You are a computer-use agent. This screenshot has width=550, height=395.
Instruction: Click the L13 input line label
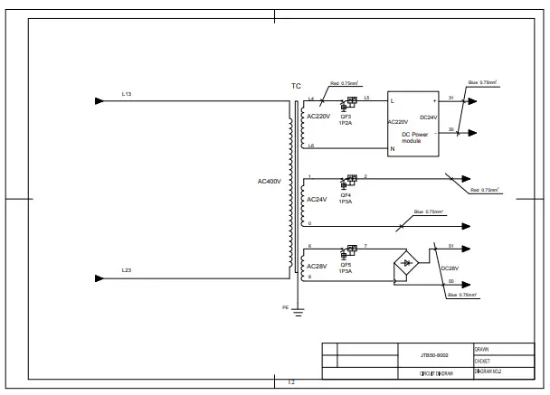pyautogui.click(x=126, y=94)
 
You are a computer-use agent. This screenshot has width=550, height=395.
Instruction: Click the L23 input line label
pyautogui.click(x=126, y=271)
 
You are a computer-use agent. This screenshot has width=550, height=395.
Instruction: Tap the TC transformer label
pyautogui.click(x=296, y=87)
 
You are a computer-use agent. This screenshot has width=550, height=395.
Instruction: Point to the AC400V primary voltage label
pyautogui.click(x=270, y=182)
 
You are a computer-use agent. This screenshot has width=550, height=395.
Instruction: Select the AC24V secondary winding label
pyautogui.click(x=317, y=199)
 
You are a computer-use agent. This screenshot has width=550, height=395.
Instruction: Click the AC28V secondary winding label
pyautogui.click(x=317, y=267)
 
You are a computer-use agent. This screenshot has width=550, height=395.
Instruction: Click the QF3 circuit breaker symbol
pyautogui.click(x=346, y=105)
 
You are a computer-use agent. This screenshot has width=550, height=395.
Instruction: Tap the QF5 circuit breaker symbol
pyautogui.click(x=346, y=250)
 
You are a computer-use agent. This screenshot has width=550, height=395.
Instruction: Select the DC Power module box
pyautogui.click(x=412, y=125)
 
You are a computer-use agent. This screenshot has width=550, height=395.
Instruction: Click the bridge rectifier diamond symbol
pyautogui.click(x=406, y=263)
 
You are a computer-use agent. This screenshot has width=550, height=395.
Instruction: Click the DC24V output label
pyautogui.click(x=429, y=118)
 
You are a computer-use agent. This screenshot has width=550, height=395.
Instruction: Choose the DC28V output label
pyautogui.click(x=450, y=268)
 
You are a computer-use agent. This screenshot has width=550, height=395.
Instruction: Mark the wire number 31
pyautogui.click(x=451, y=97)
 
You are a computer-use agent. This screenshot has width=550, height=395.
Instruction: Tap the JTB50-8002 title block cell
pyautogui.click(x=435, y=357)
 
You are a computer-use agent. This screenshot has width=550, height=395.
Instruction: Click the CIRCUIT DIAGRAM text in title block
pyautogui.click(x=435, y=372)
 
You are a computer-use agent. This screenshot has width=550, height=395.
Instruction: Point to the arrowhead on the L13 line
pyautogui.click(x=100, y=100)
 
